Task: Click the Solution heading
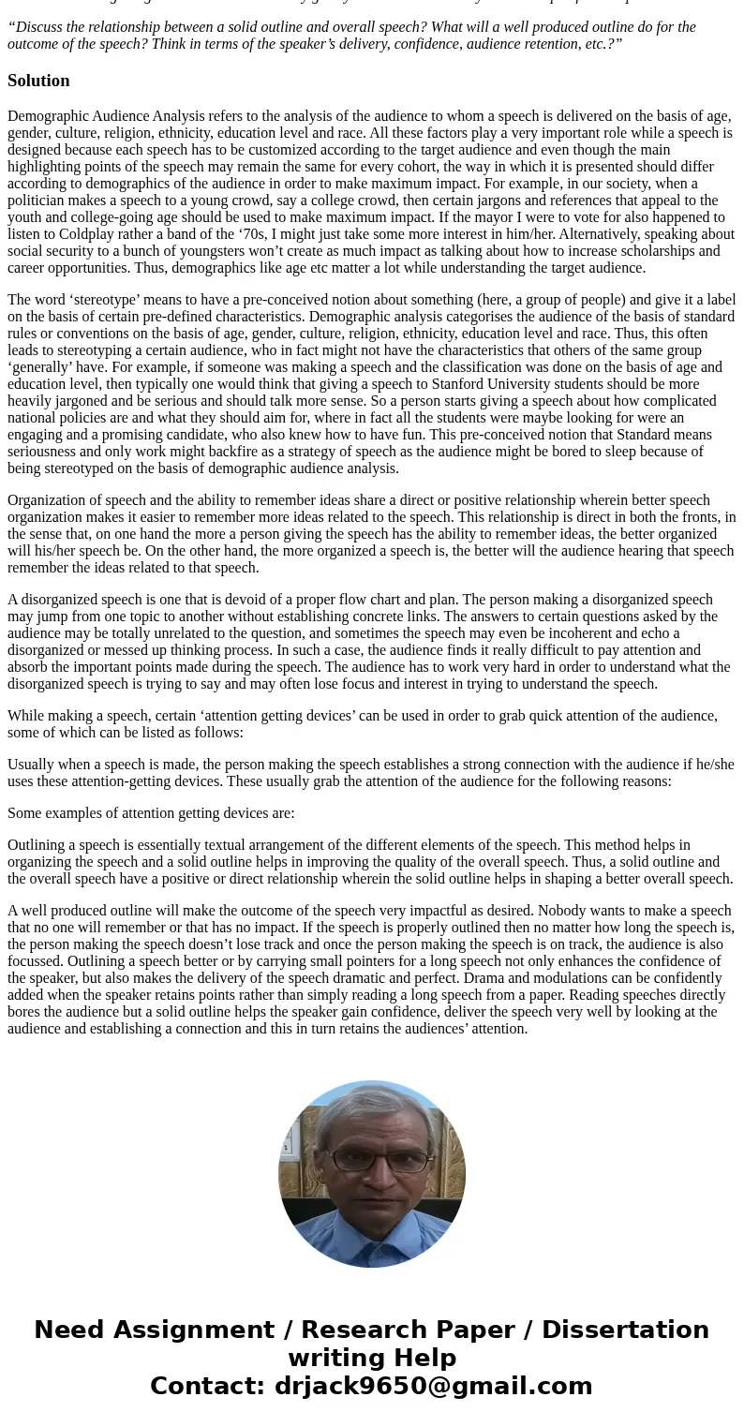[x=38, y=81]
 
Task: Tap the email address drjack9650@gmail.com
[x=433, y=1386]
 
